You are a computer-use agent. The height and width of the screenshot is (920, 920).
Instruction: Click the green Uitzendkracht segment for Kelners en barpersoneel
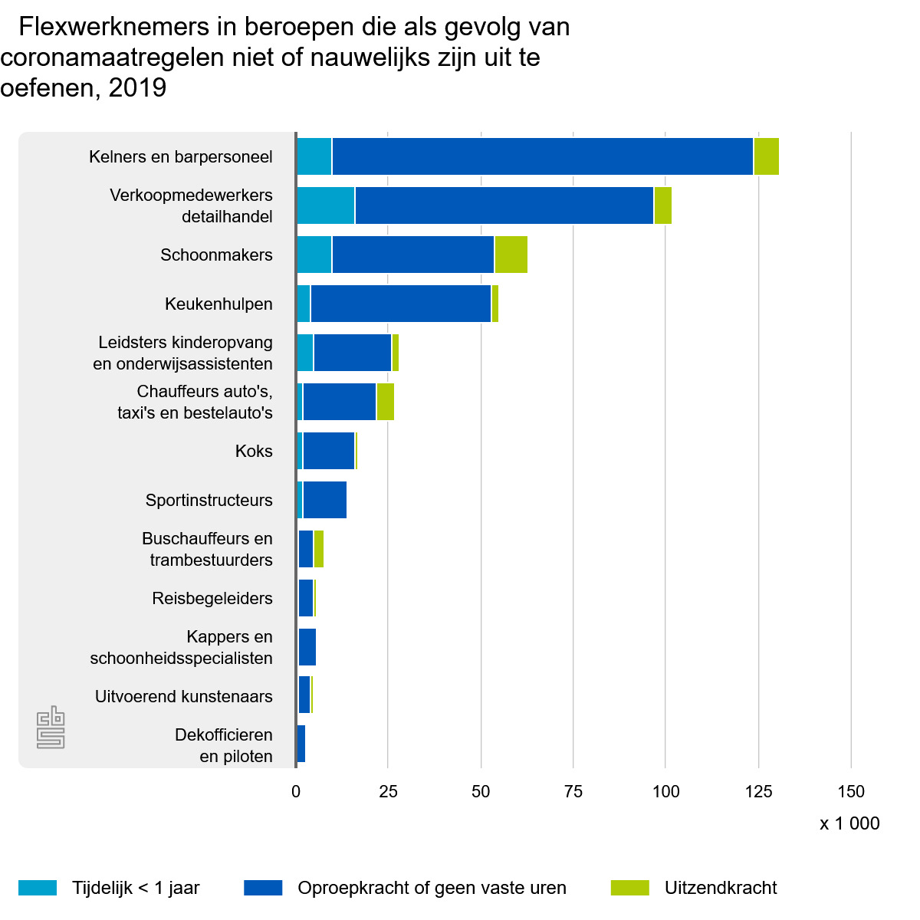click(x=767, y=156)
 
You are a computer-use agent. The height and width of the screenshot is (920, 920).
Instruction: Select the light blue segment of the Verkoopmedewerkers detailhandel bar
click(x=326, y=205)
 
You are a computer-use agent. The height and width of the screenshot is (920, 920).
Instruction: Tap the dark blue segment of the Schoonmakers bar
click(x=413, y=255)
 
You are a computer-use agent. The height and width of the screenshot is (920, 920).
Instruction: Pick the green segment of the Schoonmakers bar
click(x=511, y=255)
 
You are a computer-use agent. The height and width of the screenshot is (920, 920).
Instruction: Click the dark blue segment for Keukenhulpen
click(x=401, y=304)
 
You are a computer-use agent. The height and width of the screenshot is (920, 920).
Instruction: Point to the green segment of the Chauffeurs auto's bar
click(x=386, y=402)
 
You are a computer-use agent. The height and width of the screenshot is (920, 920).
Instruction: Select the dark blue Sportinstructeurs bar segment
click(x=324, y=500)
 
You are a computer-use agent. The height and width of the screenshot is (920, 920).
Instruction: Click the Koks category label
click(x=254, y=451)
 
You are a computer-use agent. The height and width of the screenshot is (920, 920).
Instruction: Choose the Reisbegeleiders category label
click(x=212, y=598)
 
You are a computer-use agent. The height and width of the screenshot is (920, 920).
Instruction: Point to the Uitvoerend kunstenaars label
click(x=184, y=696)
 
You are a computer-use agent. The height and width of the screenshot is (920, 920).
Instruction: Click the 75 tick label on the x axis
click(x=573, y=792)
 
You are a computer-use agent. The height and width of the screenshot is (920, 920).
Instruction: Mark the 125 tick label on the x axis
click(x=758, y=792)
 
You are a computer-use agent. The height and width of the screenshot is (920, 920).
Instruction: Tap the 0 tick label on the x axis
click(x=296, y=792)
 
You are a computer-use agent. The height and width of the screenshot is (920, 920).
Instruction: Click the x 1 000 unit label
click(x=849, y=823)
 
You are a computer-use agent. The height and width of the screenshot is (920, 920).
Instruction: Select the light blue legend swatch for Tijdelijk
click(x=37, y=888)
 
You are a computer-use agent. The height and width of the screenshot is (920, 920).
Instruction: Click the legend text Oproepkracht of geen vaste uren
click(x=432, y=888)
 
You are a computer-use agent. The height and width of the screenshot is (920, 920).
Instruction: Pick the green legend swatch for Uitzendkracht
click(x=630, y=888)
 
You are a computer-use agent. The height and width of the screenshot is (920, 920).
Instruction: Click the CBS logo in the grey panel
click(x=51, y=729)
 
